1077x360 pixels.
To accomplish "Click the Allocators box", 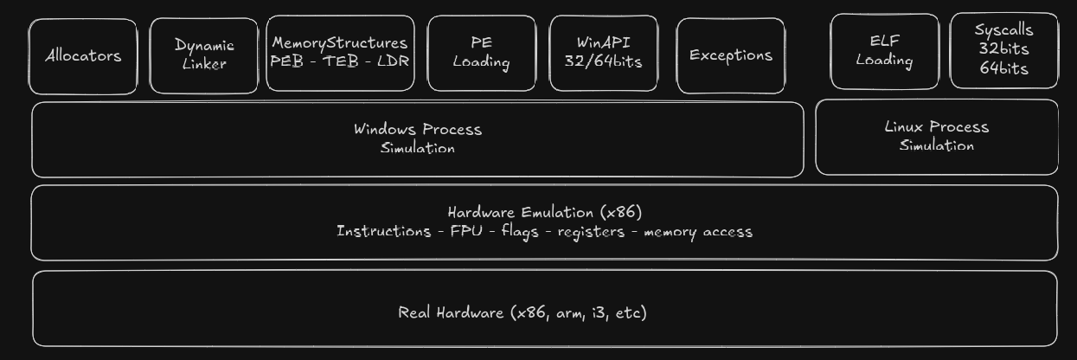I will [83, 56].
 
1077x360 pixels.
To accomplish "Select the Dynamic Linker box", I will [204, 55].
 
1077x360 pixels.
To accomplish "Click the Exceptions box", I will [731, 55].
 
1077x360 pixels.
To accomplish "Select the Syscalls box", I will [1003, 49].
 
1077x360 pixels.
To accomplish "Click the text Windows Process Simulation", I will [417, 138].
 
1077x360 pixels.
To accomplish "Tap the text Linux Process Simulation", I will [936, 136].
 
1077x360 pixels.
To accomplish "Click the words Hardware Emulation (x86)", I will [544, 212].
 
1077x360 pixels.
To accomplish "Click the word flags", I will [520, 231].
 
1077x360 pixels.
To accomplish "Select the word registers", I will [591, 232].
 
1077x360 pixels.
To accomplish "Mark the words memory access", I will [697, 232].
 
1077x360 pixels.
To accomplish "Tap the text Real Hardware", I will [452, 312].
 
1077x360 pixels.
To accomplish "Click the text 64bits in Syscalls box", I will [1003, 68].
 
